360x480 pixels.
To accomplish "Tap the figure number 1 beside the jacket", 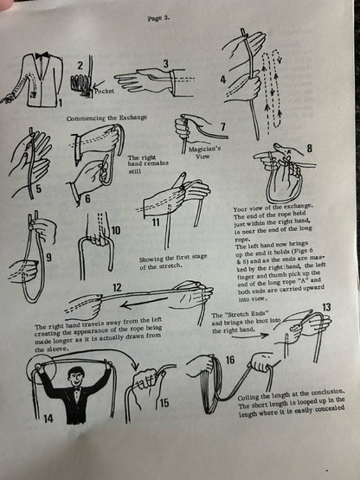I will coord(61,104).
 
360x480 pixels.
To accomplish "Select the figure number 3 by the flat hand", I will coord(164,64).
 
